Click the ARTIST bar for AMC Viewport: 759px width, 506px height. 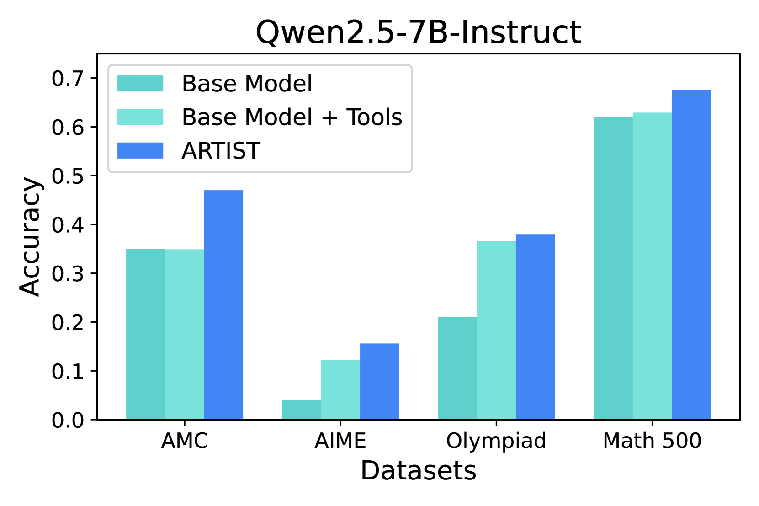click(223, 305)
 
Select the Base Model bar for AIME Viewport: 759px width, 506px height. click(301, 410)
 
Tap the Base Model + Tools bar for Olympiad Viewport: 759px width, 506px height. click(496, 330)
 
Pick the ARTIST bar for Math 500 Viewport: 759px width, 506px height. click(691, 255)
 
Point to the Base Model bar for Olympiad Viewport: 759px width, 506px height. click(457, 368)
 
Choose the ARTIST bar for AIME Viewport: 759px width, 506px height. click(379, 381)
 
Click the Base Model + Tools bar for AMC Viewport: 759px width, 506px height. click(184, 334)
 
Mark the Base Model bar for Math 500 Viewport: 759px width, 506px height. click(613, 268)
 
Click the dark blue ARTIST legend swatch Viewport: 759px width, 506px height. click(140, 150)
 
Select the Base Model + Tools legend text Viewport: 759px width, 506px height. click(292, 117)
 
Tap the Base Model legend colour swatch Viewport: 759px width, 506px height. click(140, 83)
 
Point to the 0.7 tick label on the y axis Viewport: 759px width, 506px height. click(68, 79)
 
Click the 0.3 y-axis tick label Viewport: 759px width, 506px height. click(68, 274)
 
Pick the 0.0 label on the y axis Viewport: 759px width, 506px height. click(68, 420)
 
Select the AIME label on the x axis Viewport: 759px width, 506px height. click(340, 441)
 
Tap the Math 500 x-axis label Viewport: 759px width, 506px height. click(652, 441)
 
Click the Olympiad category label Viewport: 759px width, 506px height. click(496, 441)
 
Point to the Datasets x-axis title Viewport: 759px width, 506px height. click(418, 470)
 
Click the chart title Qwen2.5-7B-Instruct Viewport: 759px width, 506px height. click(419, 32)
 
